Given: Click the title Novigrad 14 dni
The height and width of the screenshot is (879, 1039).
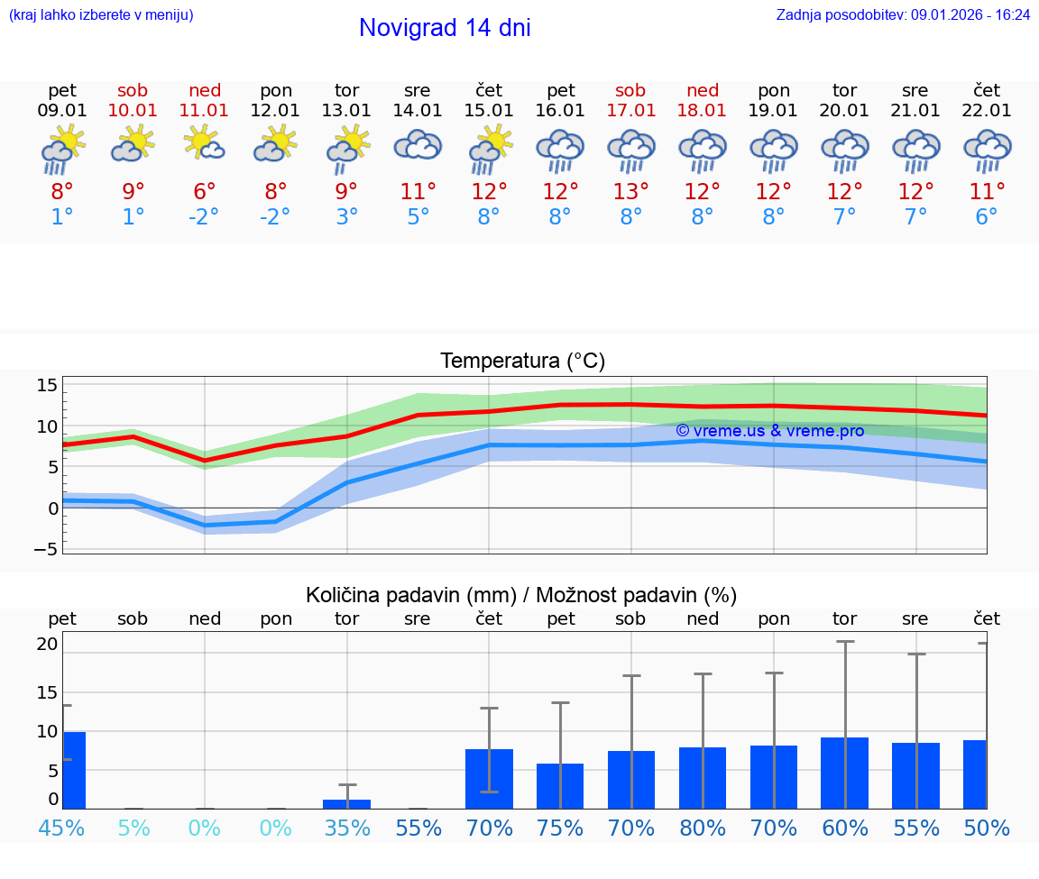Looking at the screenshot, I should [x=445, y=28].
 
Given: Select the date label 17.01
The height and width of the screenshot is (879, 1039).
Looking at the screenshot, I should [x=630, y=111].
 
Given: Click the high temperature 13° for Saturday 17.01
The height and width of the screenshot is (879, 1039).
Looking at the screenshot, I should [x=630, y=191].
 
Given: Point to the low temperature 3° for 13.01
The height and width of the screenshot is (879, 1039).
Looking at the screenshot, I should [x=346, y=217].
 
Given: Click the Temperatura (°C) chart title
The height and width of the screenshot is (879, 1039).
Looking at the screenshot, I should [x=522, y=362].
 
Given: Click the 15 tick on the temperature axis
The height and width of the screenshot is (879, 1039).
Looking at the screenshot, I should [x=47, y=386].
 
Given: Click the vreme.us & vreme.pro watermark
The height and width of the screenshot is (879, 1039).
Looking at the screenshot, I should [x=769, y=431].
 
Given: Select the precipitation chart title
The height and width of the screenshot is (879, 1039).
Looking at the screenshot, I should [x=521, y=595].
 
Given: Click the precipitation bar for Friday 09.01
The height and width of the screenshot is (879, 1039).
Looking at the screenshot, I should [x=74, y=770].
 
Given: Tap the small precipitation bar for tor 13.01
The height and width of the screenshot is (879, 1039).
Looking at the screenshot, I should [x=346, y=803].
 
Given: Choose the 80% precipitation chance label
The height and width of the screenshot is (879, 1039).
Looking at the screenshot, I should [x=703, y=828].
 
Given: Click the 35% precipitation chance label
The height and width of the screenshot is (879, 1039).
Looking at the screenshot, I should [x=346, y=828].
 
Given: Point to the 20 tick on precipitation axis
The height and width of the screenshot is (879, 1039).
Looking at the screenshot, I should [x=47, y=644].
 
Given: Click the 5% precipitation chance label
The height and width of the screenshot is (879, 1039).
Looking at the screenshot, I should [x=133, y=828].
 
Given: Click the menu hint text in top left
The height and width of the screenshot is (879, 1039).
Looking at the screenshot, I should [x=101, y=14].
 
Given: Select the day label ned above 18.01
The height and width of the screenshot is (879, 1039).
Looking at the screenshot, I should [x=703, y=90].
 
